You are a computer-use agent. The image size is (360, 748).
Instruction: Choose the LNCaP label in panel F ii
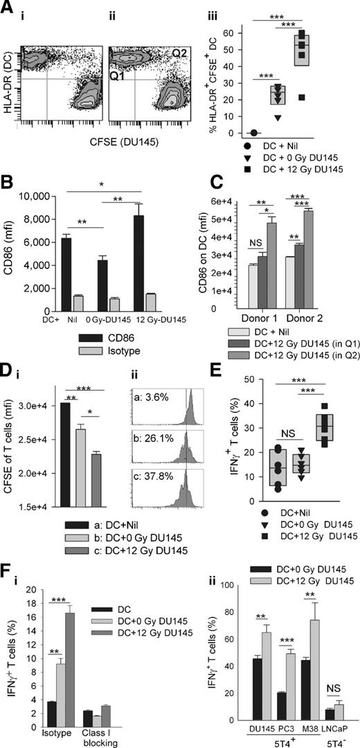coord(331,724)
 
